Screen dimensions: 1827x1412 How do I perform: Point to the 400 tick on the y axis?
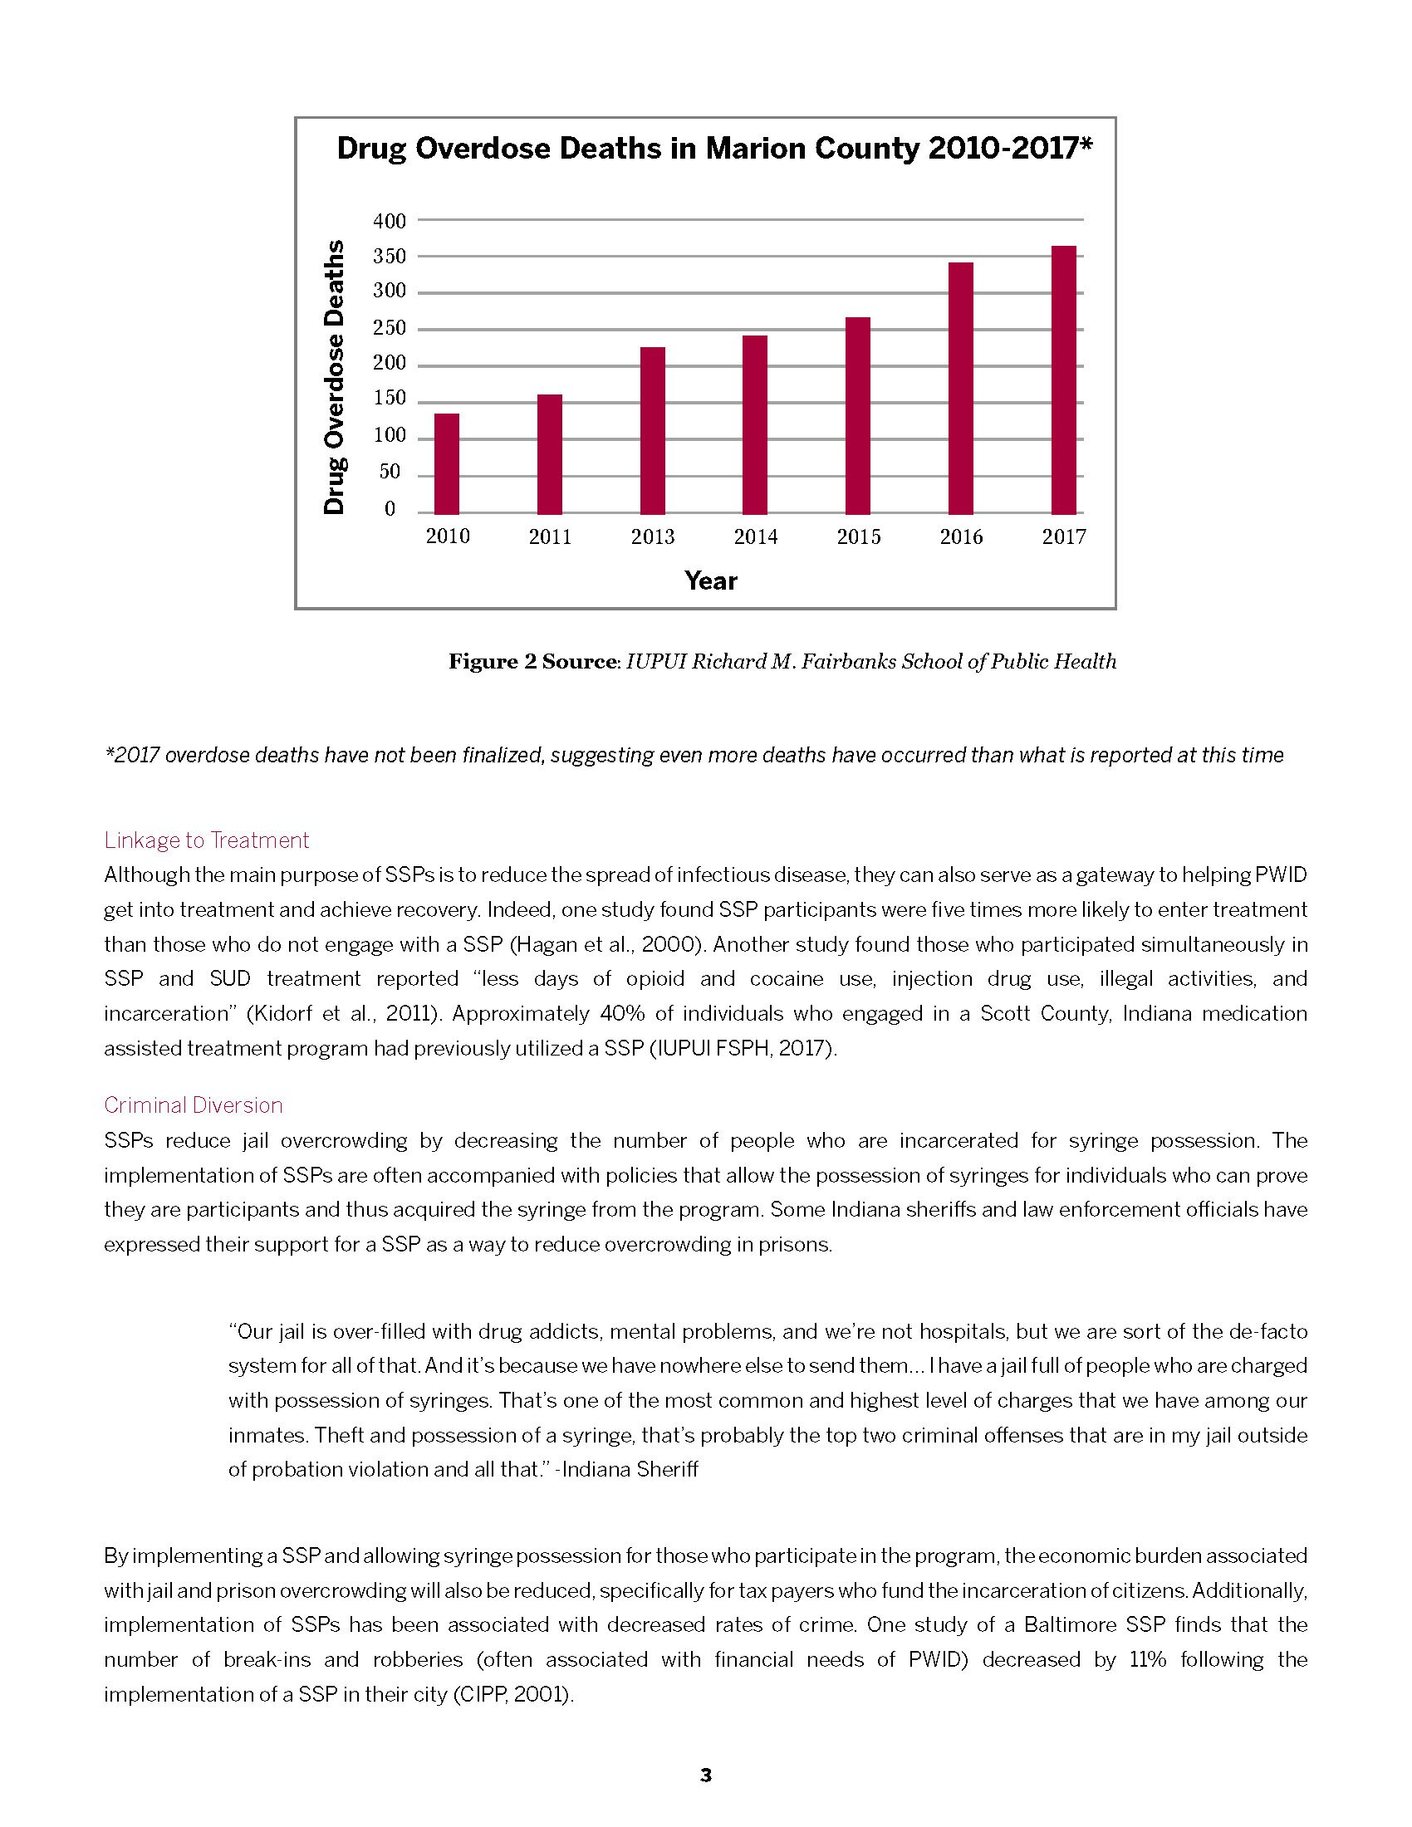[x=389, y=221]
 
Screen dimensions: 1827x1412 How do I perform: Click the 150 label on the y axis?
[x=389, y=399]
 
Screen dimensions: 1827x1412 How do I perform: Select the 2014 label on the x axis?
[x=755, y=537]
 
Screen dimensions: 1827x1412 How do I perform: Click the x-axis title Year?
[x=710, y=580]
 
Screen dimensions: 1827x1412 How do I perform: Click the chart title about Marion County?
[x=714, y=149]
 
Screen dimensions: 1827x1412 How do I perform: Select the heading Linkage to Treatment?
[x=207, y=840]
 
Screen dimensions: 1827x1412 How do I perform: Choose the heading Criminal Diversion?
[x=194, y=1105]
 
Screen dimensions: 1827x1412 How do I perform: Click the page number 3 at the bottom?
[x=705, y=1776]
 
